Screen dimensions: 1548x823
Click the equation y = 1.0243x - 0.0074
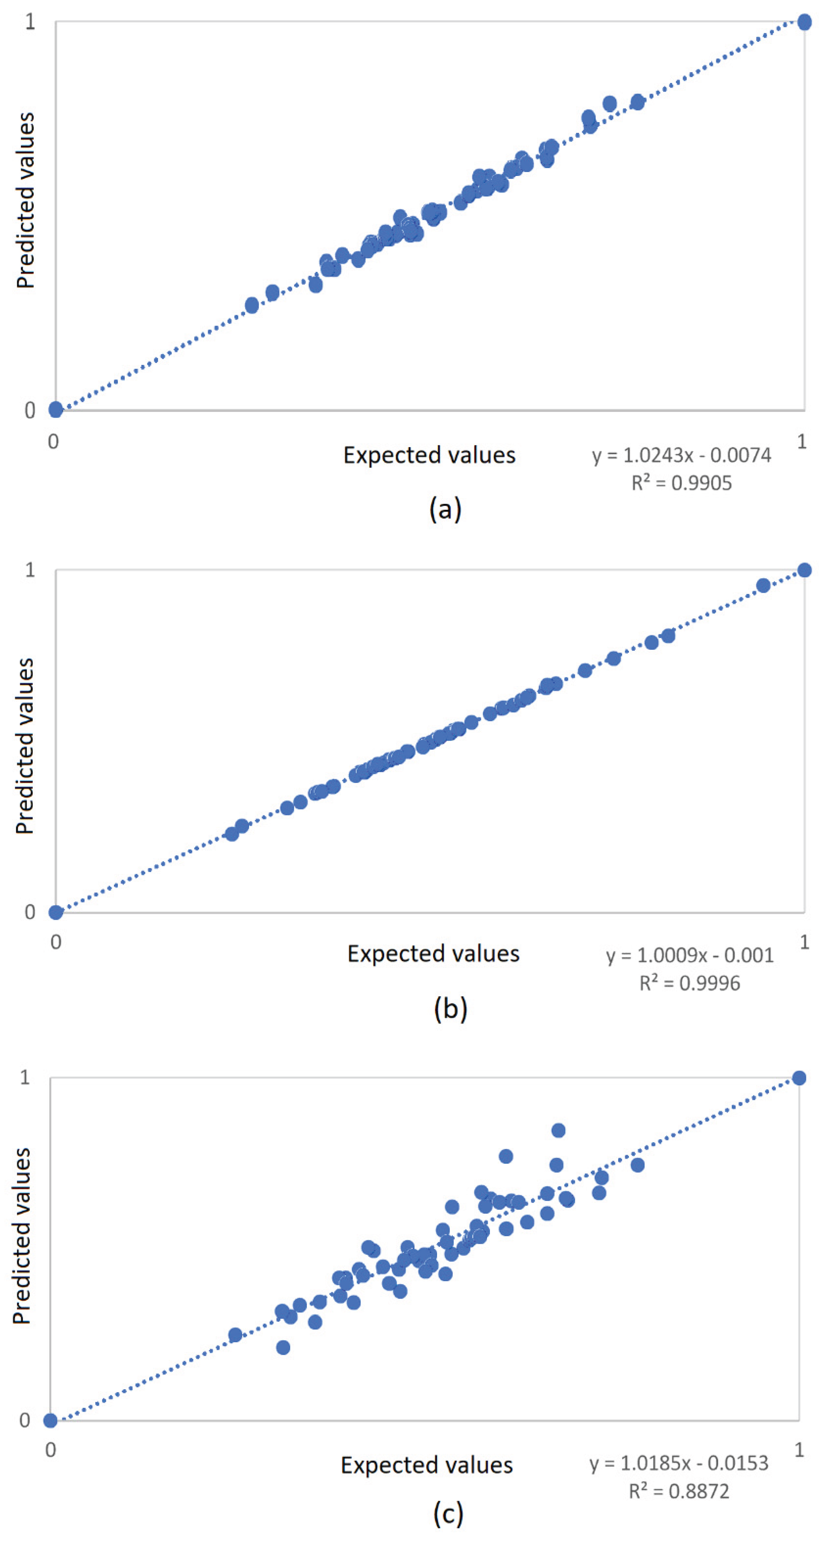click(x=681, y=455)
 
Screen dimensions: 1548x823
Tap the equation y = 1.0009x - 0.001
click(x=690, y=955)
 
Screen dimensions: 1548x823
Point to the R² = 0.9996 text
click(x=690, y=983)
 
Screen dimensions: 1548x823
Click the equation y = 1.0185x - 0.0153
click(x=679, y=1463)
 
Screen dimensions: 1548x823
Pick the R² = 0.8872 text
click(x=679, y=1491)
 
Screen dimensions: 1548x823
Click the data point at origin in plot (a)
click(x=55, y=410)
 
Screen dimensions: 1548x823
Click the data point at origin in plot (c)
click(x=51, y=1420)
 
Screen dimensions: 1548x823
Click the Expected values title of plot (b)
click(x=433, y=954)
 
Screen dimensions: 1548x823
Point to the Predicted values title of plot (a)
click(x=25, y=200)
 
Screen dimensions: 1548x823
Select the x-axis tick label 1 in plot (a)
click(x=802, y=442)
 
